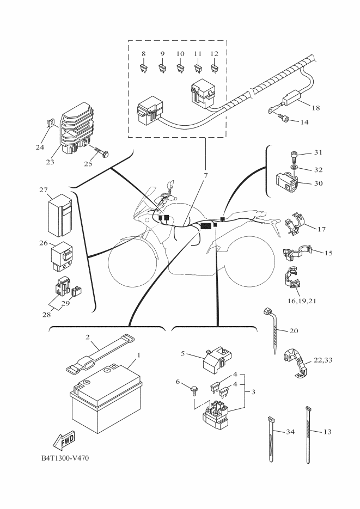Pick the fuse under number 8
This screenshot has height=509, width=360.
[143, 69]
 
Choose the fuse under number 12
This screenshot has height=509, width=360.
[214, 69]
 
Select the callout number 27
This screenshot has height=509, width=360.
[44, 190]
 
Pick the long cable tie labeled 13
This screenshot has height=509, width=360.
[312, 430]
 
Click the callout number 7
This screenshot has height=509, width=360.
[206, 176]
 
